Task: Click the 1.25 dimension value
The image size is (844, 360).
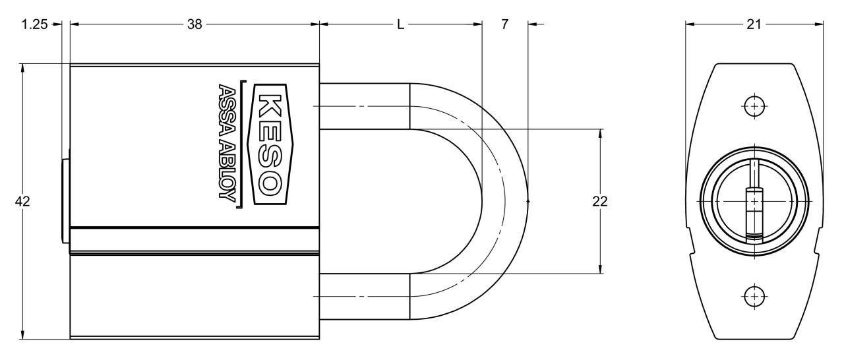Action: pos(35,24)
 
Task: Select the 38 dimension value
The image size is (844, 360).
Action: pos(195,24)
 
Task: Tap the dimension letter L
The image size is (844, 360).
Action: pos(400,24)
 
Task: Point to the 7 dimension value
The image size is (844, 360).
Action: pos(504,24)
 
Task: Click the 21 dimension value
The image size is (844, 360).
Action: pos(754,24)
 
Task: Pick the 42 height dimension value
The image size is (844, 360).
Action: pos(22,202)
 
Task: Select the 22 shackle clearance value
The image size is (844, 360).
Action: pos(600,202)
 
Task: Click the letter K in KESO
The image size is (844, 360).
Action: pos(270,105)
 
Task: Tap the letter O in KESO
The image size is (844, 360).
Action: pos(270,183)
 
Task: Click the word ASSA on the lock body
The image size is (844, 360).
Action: pos(227,112)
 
